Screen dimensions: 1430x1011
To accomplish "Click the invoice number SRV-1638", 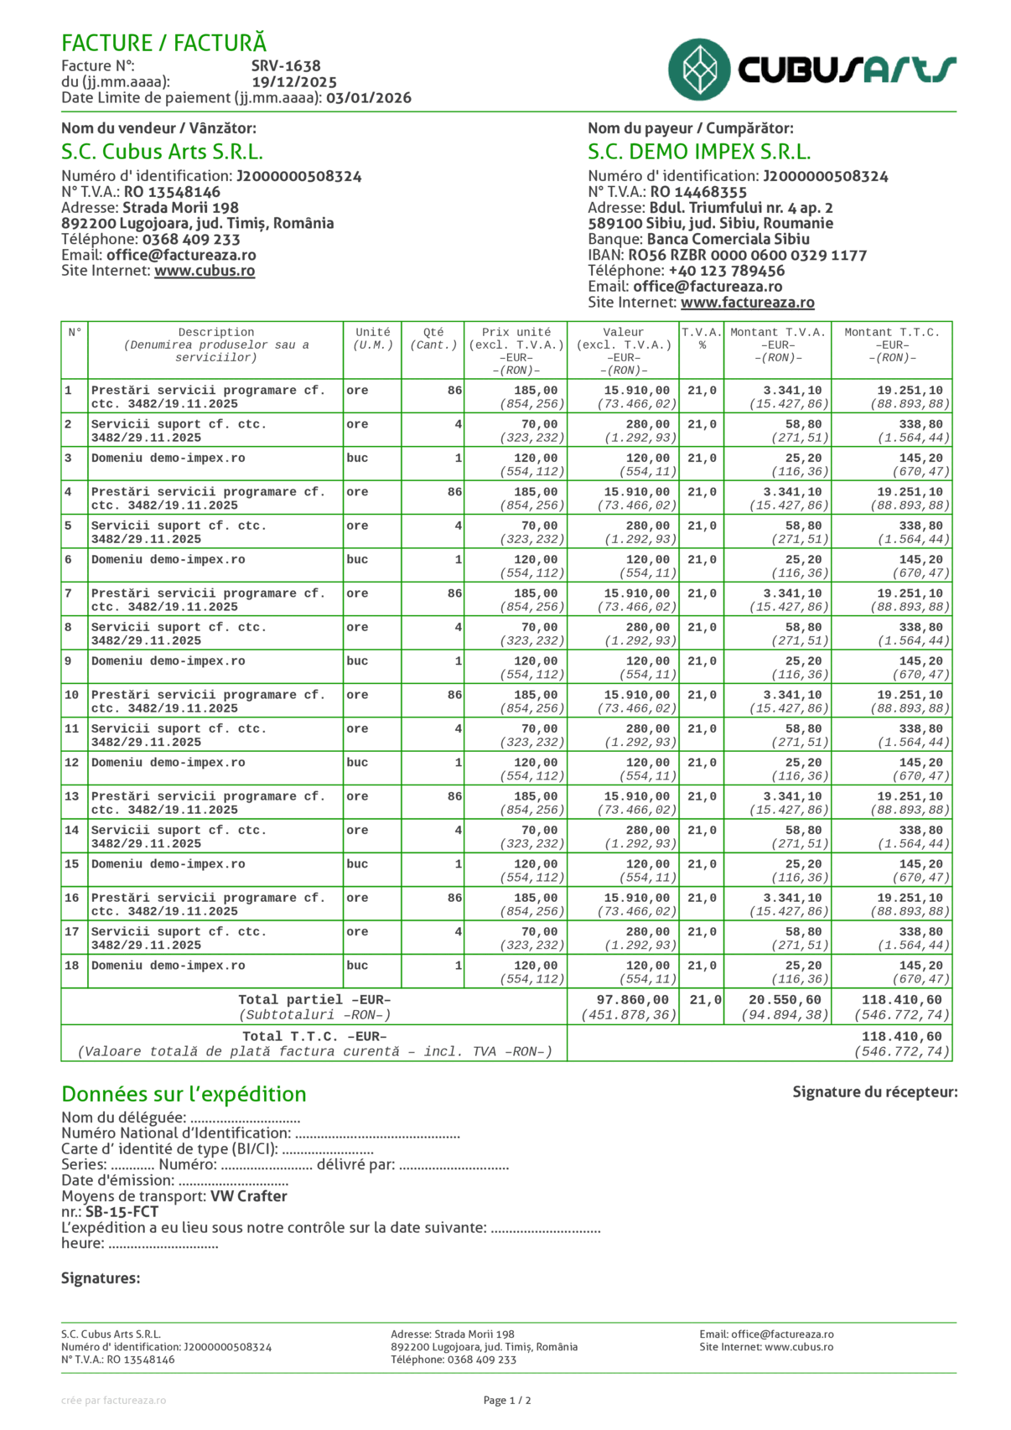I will [286, 66].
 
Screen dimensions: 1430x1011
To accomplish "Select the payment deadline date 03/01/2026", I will [369, 98].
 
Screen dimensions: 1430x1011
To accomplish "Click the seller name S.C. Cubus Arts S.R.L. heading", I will [162, 152].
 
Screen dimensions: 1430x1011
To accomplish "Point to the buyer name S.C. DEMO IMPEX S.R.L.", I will [699, 152].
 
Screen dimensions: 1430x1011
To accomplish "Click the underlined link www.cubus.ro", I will [205, 271].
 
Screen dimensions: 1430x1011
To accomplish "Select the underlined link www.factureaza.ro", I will [747, 303].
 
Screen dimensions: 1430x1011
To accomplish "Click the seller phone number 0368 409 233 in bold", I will [191, 240].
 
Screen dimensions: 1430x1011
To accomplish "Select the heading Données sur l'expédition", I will [184, 1094].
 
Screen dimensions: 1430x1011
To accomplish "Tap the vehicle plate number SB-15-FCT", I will [122, 1212].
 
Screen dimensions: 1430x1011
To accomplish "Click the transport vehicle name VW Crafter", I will [248, 1196].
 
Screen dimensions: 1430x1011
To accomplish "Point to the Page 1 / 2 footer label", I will [507, 1400].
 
